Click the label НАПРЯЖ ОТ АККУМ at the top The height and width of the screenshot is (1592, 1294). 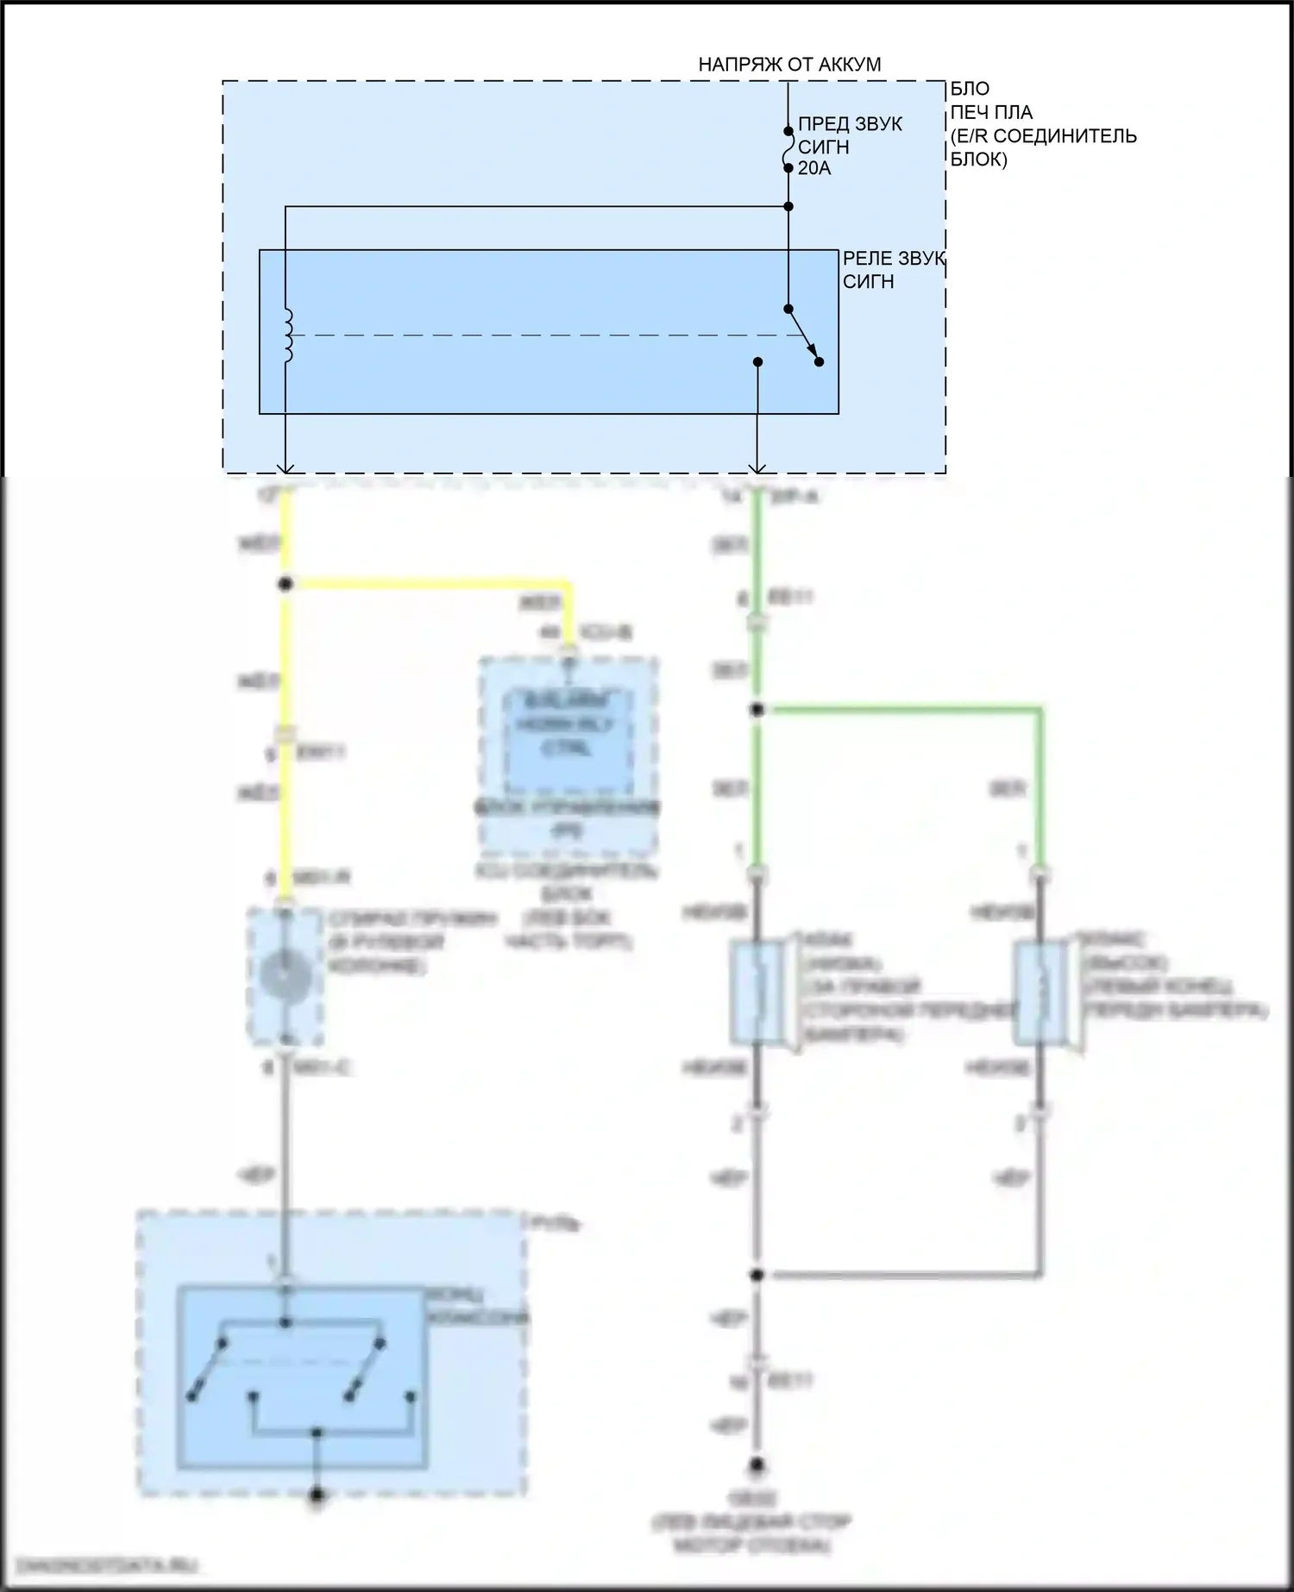789,65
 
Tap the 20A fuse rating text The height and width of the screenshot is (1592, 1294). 814,168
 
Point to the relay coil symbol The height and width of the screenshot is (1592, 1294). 287,335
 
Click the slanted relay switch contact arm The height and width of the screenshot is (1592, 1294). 803,335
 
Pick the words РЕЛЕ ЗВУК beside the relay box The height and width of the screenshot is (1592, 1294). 894,259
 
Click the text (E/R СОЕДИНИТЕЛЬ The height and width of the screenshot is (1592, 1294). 1043,136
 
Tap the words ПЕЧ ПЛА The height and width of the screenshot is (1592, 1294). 991,112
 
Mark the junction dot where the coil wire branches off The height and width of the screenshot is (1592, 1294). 788,207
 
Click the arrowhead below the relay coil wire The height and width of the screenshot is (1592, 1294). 286,468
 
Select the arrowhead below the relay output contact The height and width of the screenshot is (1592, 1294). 757,468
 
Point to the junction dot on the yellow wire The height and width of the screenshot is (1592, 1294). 286,584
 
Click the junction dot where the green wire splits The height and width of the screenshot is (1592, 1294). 757,710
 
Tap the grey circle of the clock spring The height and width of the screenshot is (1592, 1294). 286,976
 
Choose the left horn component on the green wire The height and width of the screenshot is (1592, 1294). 757,992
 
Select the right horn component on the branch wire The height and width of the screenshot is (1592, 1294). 1040,992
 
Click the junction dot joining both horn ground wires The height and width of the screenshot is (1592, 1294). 757,1275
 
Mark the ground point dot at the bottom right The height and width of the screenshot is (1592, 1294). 757,1464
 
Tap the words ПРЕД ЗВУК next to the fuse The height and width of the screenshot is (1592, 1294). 850,124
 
